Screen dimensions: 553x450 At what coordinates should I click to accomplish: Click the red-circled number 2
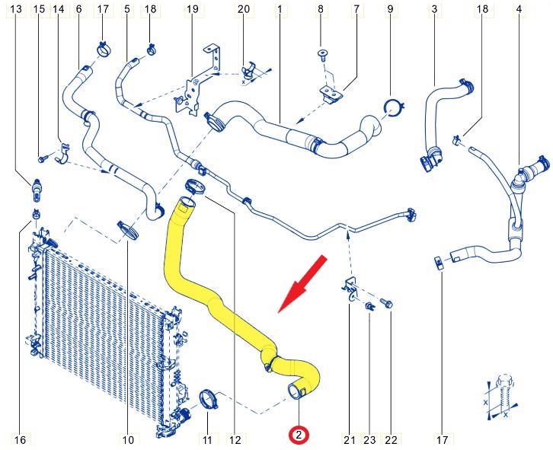(299, 436)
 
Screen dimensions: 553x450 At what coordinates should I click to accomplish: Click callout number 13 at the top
(16, 9)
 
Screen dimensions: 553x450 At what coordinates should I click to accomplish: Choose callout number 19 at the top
(192, 9)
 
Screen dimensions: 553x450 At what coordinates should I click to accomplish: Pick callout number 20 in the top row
(243, 9)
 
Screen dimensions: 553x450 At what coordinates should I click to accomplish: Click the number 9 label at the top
(390, 9)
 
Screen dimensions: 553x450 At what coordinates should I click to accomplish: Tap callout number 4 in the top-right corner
(519, 9)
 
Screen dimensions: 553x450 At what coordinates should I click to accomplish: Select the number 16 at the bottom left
(20, 440)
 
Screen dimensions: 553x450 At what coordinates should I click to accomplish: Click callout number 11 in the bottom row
(207, 440)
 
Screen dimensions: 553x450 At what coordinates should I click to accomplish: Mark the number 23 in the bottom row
(369, 440)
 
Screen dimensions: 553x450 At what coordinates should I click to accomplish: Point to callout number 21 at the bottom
(350, 440)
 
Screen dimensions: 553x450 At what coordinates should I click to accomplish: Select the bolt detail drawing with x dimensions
(500, 397)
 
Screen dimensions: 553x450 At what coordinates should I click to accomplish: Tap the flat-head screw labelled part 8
(321, 55)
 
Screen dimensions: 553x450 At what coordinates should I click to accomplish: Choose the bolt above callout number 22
(386, 303)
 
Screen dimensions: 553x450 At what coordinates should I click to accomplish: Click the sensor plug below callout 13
(37, 190)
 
